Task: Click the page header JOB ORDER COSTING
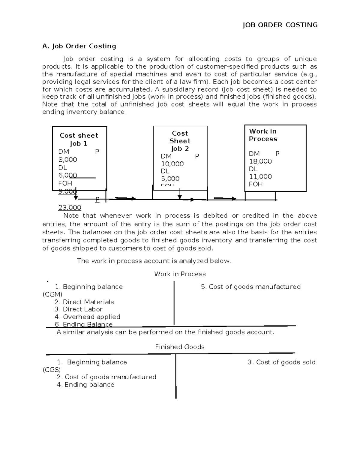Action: [x=280, y=25]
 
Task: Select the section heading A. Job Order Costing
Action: [x=79, y=46]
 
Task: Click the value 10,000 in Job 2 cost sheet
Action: [x=172, y=164]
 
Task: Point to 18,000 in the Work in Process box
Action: [x=260, y=161]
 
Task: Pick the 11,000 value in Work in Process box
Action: [x=260, y=176]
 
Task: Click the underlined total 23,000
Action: [x=70, y=208]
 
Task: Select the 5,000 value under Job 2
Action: [x=170, y=179]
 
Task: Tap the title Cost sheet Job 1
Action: [x=79, y=139]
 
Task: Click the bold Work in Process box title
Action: [x=263, y=135]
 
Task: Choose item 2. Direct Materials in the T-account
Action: [x=84, y=302]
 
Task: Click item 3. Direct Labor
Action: [x=79, y=309]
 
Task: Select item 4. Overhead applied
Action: [x=87, y=317]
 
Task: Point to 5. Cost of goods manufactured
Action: [x=250, y=287]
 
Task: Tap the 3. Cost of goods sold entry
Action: [x=281, y=362]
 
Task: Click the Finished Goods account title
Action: [x=180, y=347]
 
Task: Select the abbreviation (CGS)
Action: [x=52, y=369]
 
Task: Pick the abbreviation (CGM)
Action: [x=52, y=294]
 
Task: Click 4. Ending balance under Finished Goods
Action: [x=85, y=385]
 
